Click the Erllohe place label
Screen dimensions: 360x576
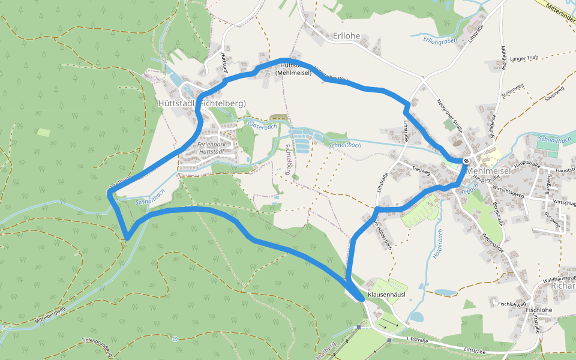coord(346,36)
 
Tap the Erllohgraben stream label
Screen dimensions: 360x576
coord(440,41)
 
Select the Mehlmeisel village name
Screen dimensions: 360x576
coord(488,171)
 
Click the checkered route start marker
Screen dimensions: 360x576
coord(466,161)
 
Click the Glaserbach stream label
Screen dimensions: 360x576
coord(262,126)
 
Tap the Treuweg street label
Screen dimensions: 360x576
coord(422,171)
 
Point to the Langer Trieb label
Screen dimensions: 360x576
coord(525,58)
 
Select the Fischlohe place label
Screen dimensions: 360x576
coord(538,310)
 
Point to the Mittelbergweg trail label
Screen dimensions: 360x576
coord(50,314)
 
